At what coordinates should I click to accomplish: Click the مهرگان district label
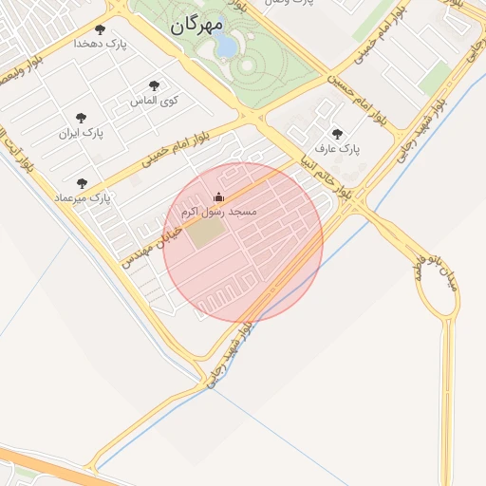[197, 25]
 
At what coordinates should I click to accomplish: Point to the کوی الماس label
[154, 99]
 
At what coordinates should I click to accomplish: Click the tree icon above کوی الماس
[154, 85]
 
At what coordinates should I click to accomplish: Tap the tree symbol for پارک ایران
[81, 119]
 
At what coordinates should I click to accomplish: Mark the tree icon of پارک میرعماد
[82, 183]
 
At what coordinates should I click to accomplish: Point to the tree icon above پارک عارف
[337, 135]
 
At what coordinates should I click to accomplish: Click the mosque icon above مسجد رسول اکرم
[219, 197]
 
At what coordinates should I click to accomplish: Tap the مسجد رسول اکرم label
[219, 211]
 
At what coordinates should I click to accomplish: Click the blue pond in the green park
[227, 46]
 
